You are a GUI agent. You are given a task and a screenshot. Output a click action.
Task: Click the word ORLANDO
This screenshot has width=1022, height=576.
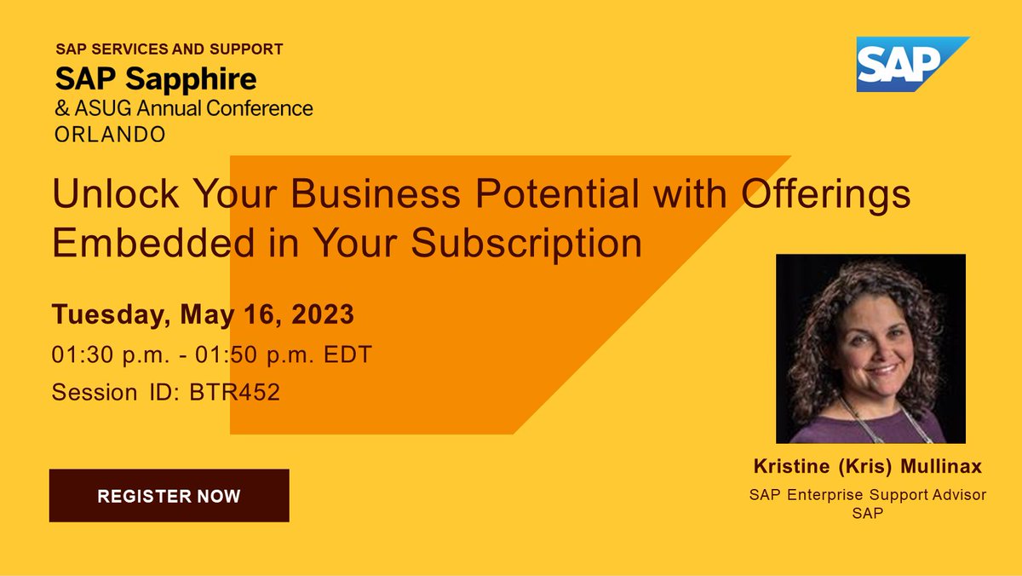coord(110,135)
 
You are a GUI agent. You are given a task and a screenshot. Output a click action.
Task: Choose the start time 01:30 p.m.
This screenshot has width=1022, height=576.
coord(108,355)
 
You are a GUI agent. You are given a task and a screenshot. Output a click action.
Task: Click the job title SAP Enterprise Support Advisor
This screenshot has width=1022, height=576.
coord(868,495)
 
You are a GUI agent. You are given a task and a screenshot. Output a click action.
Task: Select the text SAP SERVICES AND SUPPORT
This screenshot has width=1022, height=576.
coord(169,49)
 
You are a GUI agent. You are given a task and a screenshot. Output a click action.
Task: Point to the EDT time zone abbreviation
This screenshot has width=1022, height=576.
coord(351,355)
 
